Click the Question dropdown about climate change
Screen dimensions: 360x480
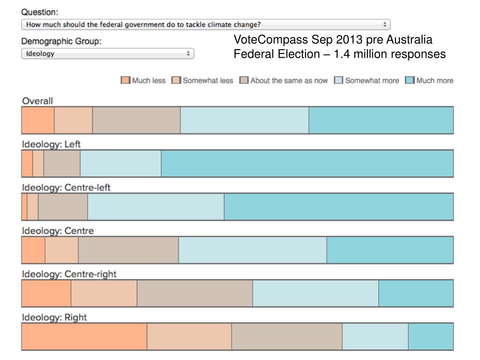point(205,24)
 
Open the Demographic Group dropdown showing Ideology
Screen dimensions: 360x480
point(107,53)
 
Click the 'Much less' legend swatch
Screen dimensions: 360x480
point(125,80)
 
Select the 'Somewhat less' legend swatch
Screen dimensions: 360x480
point(176,80)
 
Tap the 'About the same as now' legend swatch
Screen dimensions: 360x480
point(244,80)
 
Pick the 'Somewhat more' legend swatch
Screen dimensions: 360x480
point(338,80)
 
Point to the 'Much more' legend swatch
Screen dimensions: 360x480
point(410,80)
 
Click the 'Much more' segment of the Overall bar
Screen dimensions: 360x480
point(381,120)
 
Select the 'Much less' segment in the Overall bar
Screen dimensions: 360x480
point(38,120)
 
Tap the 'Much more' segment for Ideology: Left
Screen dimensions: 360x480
point(307,164)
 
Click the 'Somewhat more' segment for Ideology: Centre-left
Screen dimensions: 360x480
point(156,207)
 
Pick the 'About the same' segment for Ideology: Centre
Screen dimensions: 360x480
point(128,250)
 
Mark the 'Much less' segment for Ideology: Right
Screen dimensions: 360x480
point(84,337)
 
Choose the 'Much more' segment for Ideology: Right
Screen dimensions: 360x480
point(431,337)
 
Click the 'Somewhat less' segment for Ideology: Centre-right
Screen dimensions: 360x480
point(104,293)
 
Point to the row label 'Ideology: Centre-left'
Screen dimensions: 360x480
point(66,187)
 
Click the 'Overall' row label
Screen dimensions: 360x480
point(37,101)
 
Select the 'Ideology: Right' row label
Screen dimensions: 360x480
point(54,317)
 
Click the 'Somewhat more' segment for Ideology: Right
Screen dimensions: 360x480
point(375,337)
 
